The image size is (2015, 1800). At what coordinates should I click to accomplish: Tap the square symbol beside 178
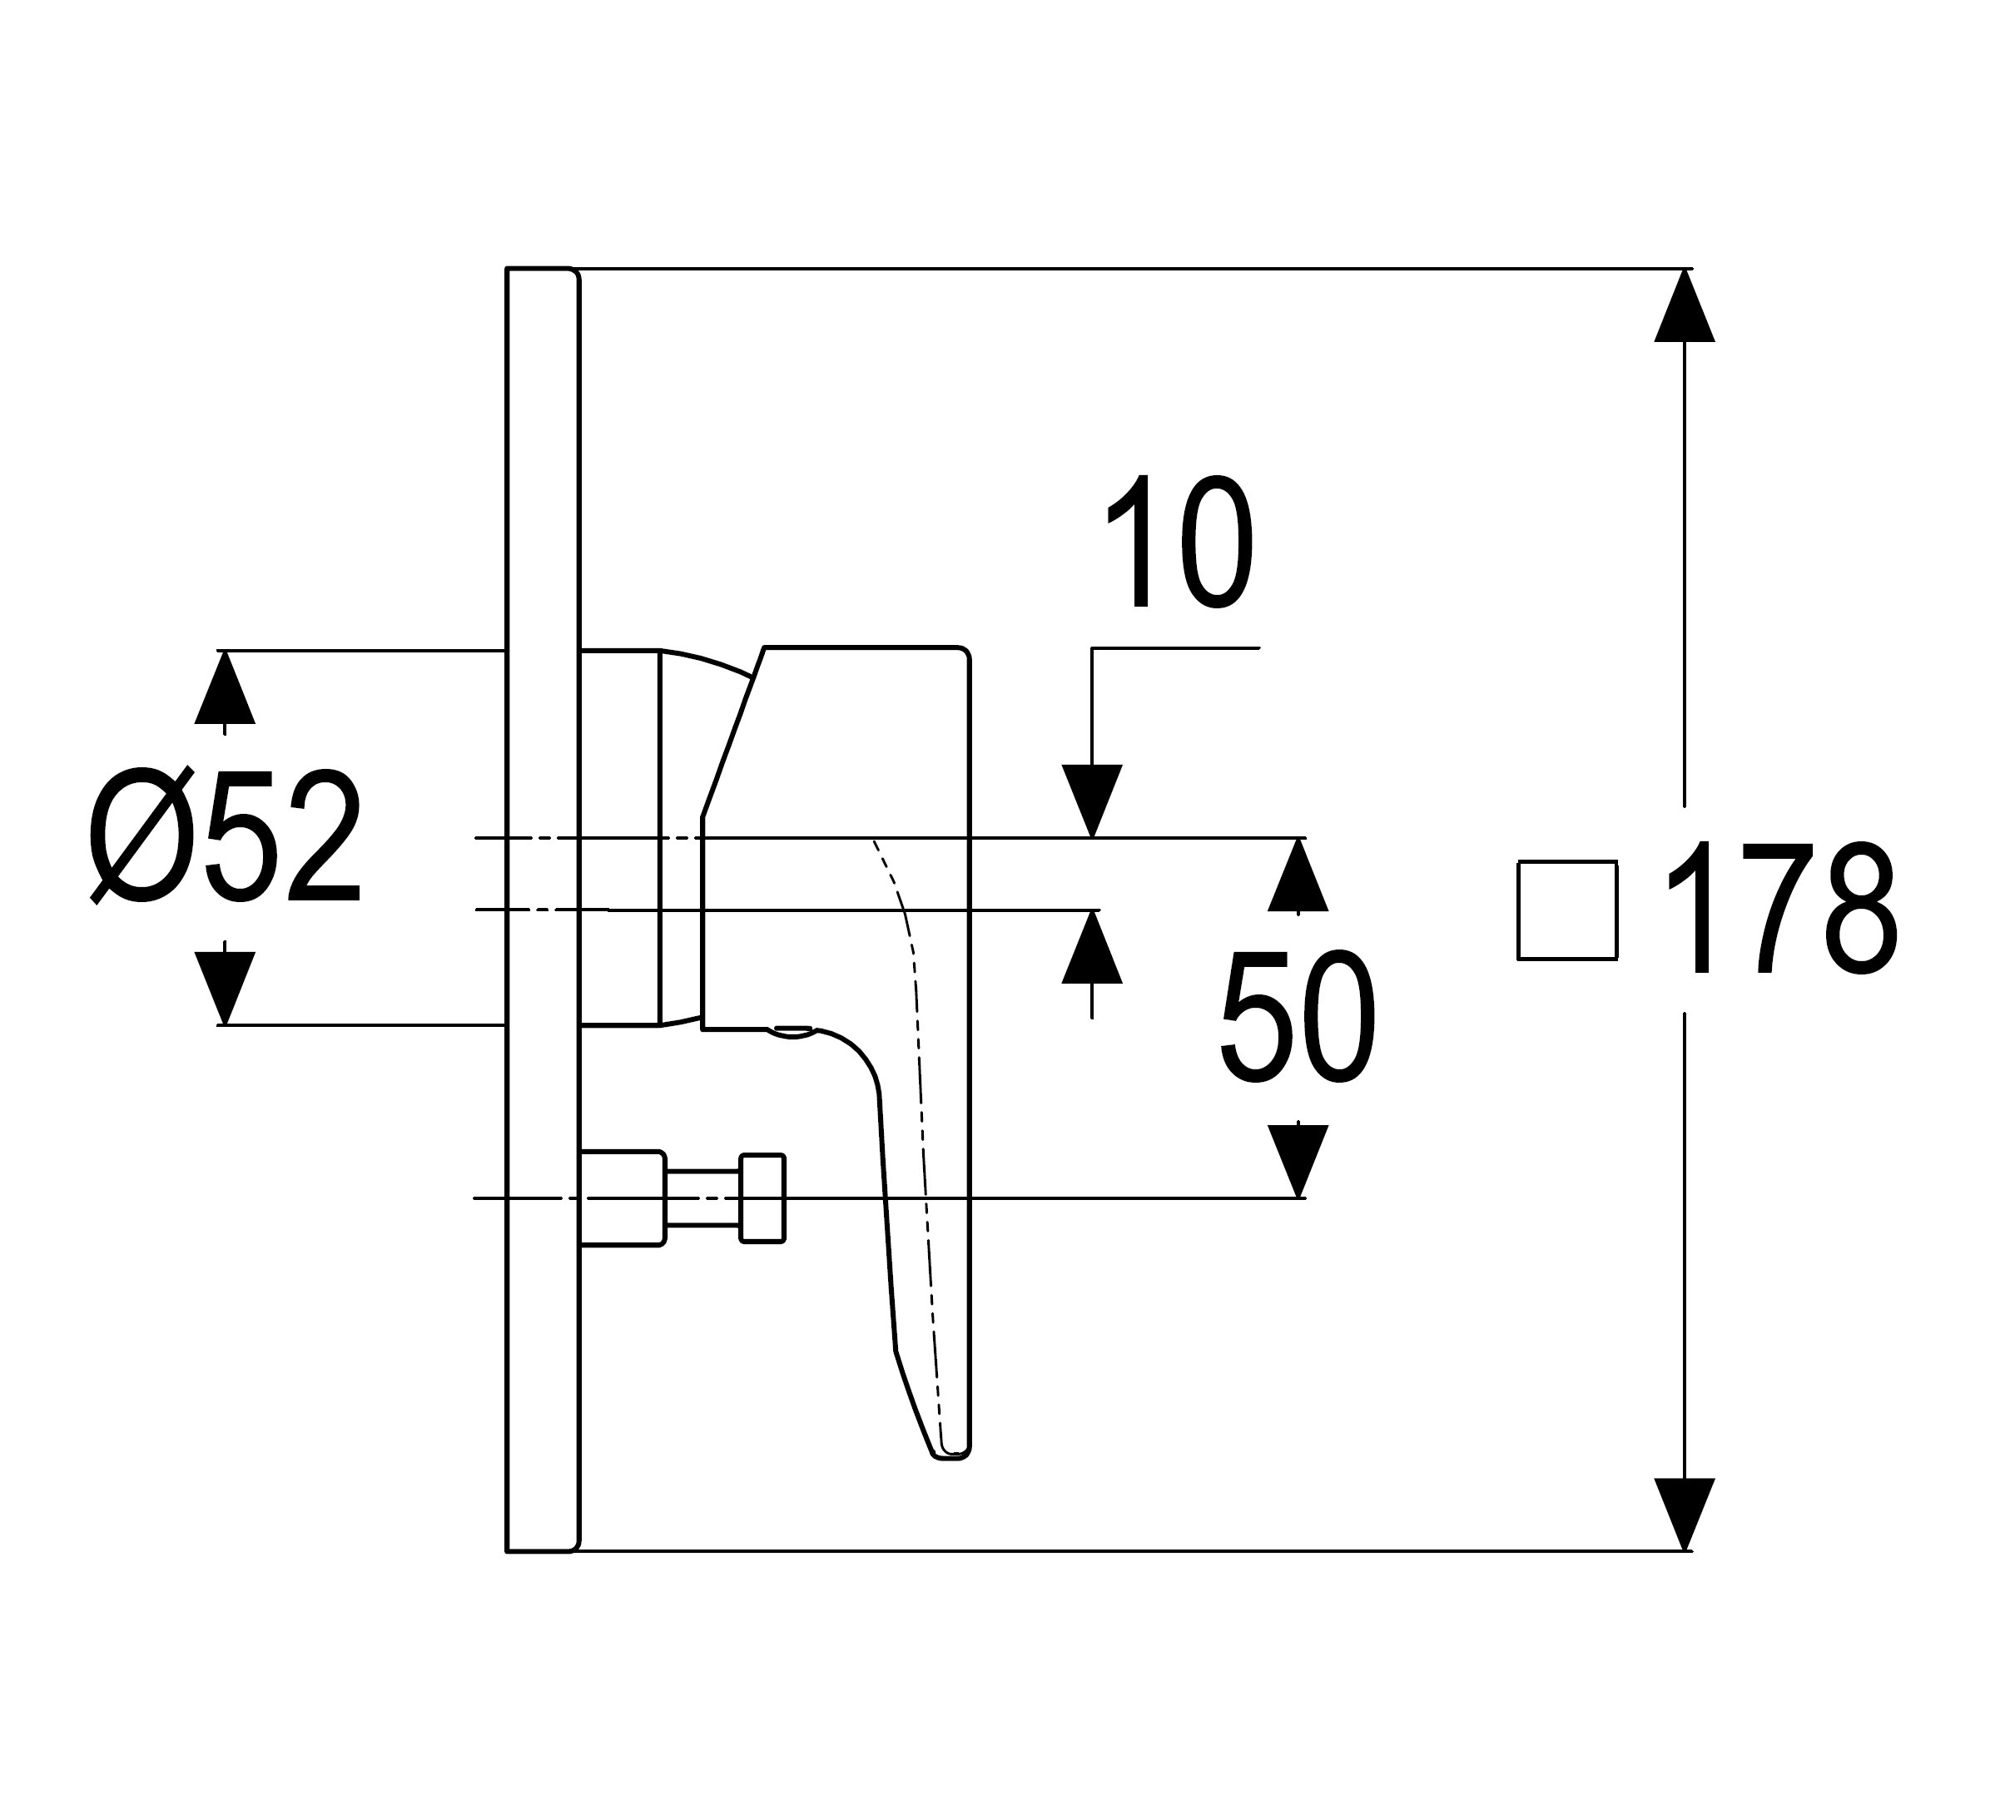1567,910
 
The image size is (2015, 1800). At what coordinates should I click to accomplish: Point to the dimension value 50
1297,1018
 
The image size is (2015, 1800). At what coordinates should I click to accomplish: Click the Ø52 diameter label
226,836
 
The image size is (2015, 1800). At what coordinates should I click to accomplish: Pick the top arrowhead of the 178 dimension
1684,306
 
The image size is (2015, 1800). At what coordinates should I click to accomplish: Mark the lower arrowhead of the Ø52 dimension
225,987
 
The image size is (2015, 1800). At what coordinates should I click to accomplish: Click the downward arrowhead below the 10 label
1091,801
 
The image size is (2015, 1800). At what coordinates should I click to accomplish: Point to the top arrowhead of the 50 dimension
1297,875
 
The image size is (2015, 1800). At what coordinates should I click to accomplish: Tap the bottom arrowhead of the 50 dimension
1297,1160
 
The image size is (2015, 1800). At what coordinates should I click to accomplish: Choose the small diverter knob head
762,1198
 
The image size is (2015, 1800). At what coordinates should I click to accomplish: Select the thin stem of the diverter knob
702,1198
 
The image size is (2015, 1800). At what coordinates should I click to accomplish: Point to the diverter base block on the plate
621,1198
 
